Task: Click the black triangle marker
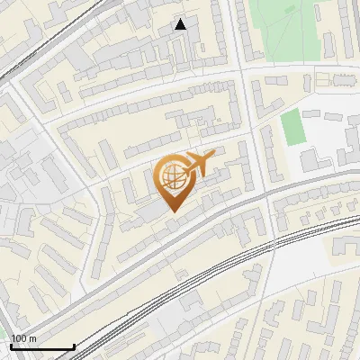click(181, 24)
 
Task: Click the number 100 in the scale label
click(19, 338)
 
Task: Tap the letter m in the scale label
click(32, 338)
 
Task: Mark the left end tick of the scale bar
click(10, 345)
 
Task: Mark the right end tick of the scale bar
click(74, 345)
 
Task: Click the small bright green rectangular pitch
click(293, 128)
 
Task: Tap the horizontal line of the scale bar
click(41, 346)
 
